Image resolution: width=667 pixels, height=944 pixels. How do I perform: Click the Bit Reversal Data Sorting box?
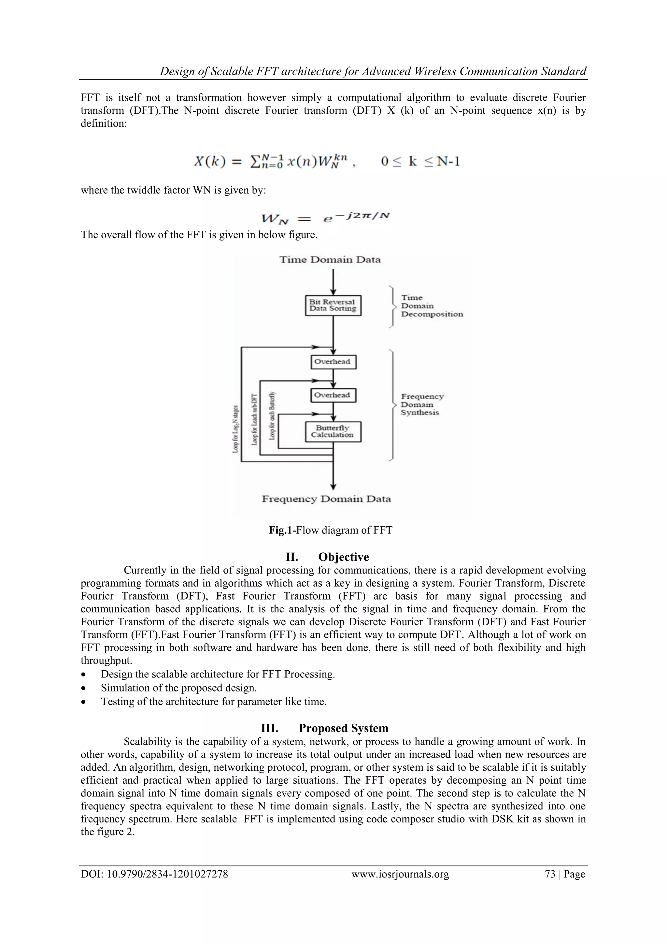click(333, 305)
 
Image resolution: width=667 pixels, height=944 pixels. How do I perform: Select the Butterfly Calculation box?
click(333, 432)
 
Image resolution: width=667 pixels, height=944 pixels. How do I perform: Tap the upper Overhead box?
click(333, 362)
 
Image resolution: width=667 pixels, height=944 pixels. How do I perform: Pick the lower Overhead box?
click(333, 395)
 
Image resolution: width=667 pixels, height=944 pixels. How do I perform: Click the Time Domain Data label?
click(330, 260)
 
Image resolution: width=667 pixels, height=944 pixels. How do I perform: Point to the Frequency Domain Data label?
click(326, 499)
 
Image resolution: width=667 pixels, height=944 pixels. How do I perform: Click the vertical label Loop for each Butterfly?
click(272, 416)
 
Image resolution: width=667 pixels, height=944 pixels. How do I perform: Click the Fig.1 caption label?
click(281, 530)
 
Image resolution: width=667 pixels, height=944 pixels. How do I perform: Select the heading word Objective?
click(344, 557)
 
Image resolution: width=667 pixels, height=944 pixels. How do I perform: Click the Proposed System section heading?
click(343, 728)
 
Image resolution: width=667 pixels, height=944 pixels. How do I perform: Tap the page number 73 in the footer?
click(550, 874)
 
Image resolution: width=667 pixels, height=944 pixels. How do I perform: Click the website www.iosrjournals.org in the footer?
click(400, 874)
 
